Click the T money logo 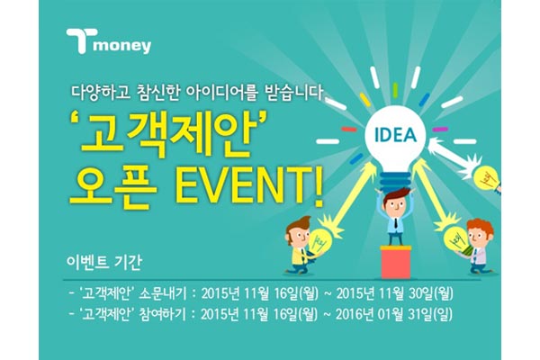click(108, 42)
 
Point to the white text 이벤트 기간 click(99, 265)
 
